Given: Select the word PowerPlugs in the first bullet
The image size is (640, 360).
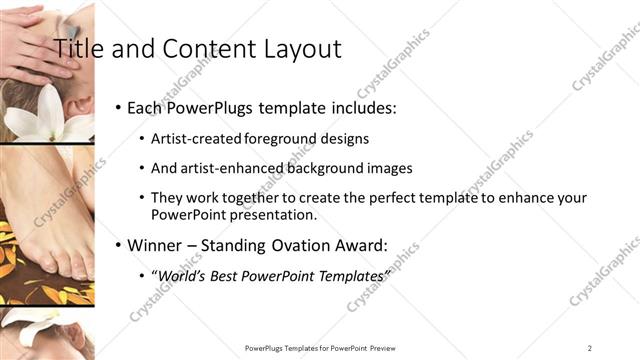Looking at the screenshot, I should tap(205, 107).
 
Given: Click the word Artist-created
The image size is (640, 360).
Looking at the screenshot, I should tap(193, 138).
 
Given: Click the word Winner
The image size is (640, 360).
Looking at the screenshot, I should tap(157, 244).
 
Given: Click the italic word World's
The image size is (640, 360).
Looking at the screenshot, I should tap(182, 274).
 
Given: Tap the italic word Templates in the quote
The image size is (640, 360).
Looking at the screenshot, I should tap(350, 274).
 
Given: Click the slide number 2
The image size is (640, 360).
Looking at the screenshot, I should tap(589, 347).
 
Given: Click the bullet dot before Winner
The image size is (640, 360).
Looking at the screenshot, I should tap(118, 245).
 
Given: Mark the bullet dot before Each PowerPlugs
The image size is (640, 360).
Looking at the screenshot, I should tap(118, 107).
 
